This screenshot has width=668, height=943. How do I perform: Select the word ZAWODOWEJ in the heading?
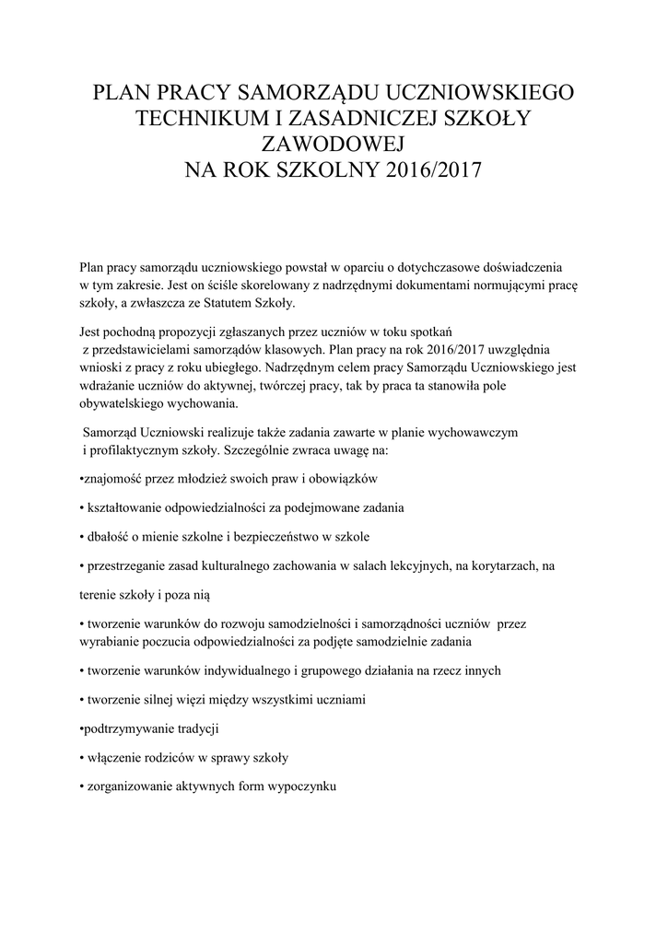point(334,145)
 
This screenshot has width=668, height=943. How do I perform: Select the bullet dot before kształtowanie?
point(82,507)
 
